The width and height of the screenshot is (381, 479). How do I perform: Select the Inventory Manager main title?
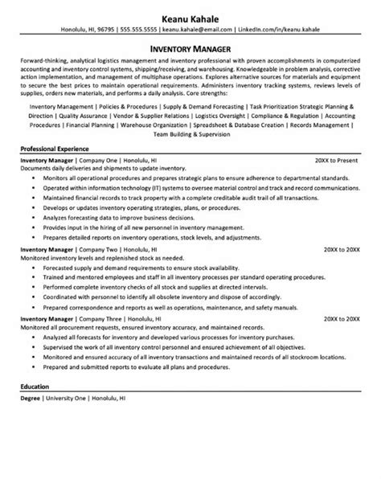coord(190,47)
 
